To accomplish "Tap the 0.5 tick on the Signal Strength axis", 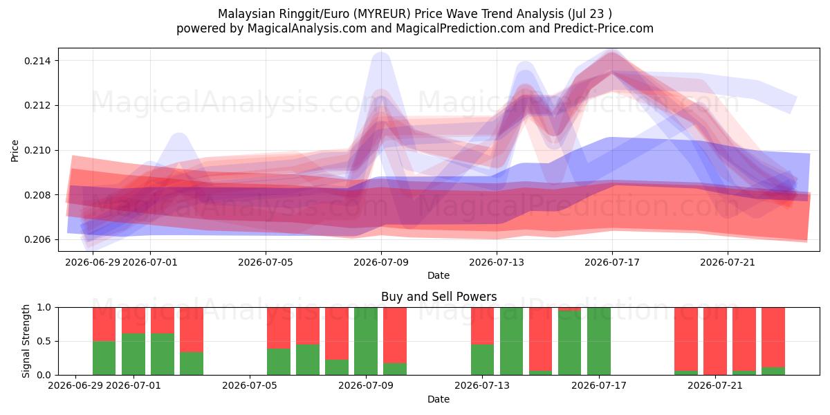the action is point(44,341).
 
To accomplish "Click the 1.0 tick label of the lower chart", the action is point(44,308).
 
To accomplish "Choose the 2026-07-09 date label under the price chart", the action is point(381,263).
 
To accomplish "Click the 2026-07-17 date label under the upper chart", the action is point(612,263).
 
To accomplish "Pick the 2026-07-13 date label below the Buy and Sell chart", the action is point(482,386).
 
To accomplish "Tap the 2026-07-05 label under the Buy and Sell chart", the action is point(250,386).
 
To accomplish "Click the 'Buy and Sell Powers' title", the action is point(439,297).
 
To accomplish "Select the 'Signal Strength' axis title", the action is point(26,341).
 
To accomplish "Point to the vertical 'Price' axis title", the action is point(15,151).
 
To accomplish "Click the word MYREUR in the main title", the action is point(382,14).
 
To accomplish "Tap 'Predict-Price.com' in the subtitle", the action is point(604,28).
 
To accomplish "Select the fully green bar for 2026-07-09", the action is point(366,341).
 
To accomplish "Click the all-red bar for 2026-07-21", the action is point(715,341).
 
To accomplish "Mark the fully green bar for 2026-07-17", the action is point(599,341).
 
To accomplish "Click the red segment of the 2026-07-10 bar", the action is point(395,335).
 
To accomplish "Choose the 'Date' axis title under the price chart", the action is point(439,276).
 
